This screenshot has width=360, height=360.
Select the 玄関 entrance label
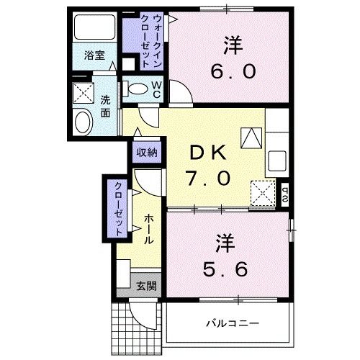(x=145, y=286)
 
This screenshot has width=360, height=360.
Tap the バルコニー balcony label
(x=230, y=322)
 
